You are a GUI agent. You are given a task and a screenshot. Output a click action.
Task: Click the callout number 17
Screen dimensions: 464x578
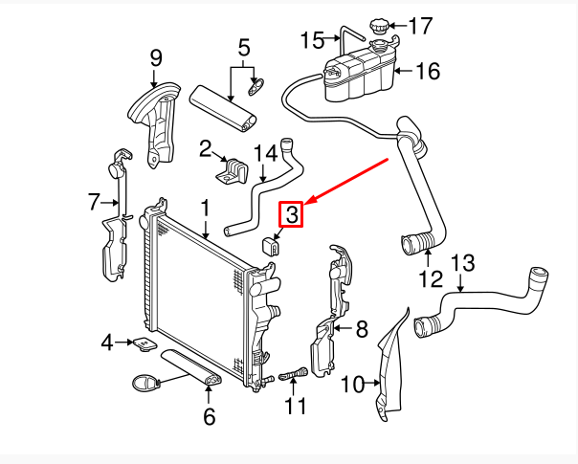point(421,25)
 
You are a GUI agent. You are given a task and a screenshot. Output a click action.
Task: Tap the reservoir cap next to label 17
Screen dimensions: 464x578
point(384,26)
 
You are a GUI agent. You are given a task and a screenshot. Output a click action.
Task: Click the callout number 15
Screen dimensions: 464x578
point(313,39)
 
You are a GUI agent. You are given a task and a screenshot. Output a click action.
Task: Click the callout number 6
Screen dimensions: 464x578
point(209,416)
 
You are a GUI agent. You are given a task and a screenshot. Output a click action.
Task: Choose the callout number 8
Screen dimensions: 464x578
point(361,330)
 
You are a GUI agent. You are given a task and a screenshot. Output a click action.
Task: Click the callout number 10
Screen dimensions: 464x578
point(352,385)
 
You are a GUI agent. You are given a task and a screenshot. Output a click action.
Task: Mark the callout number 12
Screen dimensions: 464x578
point(431,279)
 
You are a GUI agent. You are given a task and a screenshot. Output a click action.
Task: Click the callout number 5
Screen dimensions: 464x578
point(243,46)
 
